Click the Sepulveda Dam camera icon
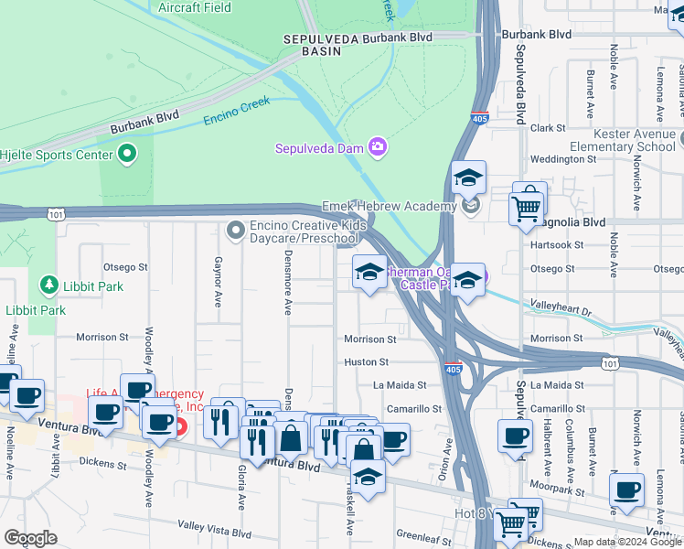377,147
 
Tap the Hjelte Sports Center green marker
127,154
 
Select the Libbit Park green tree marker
48,285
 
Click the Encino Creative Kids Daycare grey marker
236,229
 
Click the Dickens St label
102,465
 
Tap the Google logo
30,538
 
